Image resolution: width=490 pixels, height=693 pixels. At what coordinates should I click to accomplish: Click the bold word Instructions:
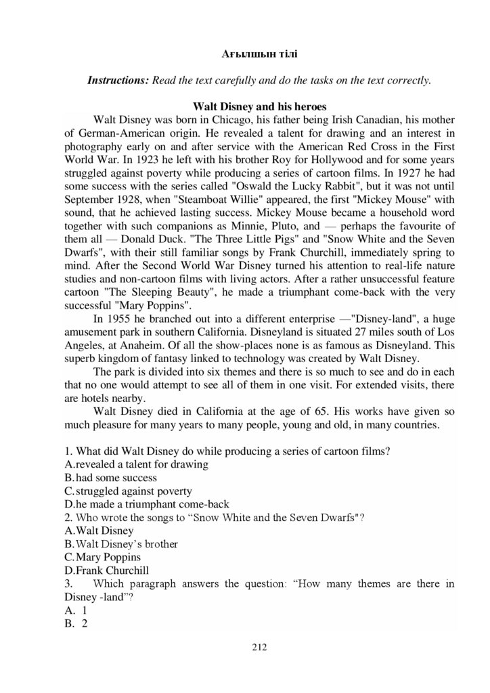pos(118,81)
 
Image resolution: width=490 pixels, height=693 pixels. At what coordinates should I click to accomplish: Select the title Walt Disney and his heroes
pos(260,106)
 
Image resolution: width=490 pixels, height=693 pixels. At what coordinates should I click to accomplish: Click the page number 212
pos(260,647)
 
